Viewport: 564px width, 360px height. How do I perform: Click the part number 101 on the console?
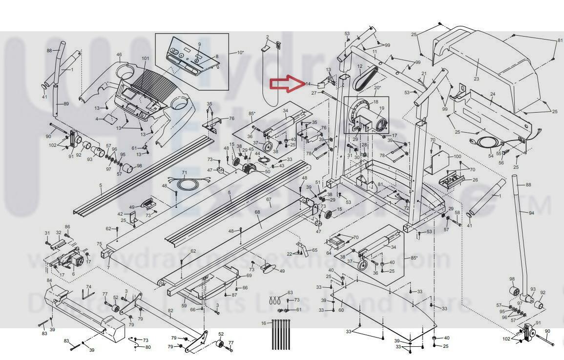tap(145, 59)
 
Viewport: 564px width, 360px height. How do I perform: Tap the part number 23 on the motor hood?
tap(476, 79)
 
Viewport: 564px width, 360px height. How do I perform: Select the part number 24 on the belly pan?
tap(492, 94)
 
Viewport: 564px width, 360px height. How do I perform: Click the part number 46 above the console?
tap(119, 55)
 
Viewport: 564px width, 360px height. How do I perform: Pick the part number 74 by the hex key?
tap(88, 287)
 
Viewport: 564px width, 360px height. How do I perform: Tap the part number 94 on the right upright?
tap(531, 213)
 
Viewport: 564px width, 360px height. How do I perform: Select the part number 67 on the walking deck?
tap(269, 200)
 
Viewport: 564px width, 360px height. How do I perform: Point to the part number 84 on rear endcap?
tap(49, 280)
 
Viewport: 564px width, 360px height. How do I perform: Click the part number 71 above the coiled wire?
tap(185, 173)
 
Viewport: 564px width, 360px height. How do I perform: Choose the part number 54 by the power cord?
tap(491, 156)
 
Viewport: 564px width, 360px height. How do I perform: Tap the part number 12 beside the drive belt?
tap(359, 66)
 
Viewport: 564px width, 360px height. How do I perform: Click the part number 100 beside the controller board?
tap(457, 157)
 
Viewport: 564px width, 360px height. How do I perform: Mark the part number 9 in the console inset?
tap(199, 44)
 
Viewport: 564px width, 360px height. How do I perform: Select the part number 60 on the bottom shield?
tap(341, 310)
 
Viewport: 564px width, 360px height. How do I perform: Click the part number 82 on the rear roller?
tap(170, 311)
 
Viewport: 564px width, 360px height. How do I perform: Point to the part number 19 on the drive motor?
tap(381, 108)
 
